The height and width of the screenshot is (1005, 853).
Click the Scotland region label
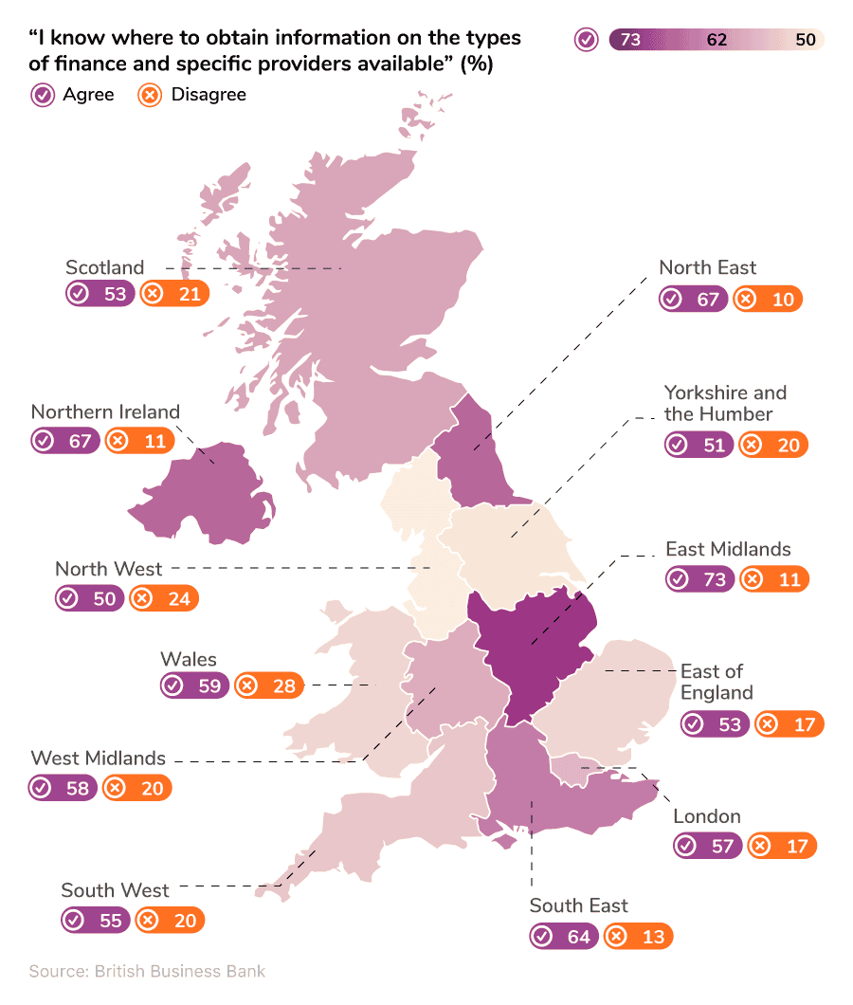[104, 267]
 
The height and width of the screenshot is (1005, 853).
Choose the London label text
[706, 816]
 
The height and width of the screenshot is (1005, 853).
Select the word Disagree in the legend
[209, 95]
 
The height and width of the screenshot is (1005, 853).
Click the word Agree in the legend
[88, 95]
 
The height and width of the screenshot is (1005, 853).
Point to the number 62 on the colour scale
[717, 40]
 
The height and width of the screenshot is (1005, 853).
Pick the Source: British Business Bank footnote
[147, 971]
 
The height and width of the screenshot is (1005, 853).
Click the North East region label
[707, 267]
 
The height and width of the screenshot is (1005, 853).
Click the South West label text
[115, 890]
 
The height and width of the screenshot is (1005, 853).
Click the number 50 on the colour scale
[806, 40]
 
